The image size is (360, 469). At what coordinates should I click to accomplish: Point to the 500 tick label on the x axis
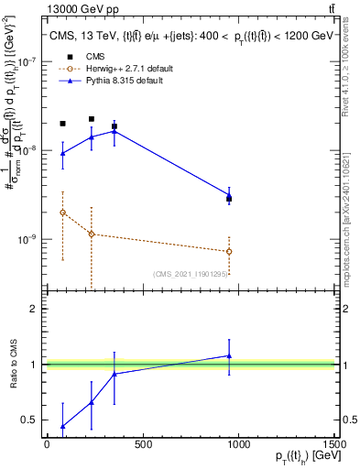pyautogui.click(x=142, y=444)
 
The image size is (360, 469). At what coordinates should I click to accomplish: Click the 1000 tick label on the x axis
pyautogui.click(x=238, y=444)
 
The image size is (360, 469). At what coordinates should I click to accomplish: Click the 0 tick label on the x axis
pyautogui.click(x=47, y=444)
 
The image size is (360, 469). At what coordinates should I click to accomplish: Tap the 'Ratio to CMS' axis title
pyautogui.click(x=13, y=365)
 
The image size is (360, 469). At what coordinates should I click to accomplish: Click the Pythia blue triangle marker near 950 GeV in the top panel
pyautogui.click(x=229, y=195)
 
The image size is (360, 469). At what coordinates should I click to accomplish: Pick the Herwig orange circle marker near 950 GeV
pyautogui.click(x=229, y=251)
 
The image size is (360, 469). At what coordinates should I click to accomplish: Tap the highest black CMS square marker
pyautogui.click(x=92, y=119)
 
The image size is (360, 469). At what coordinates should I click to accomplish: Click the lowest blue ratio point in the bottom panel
pyautogui.click(x=62, y=426)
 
